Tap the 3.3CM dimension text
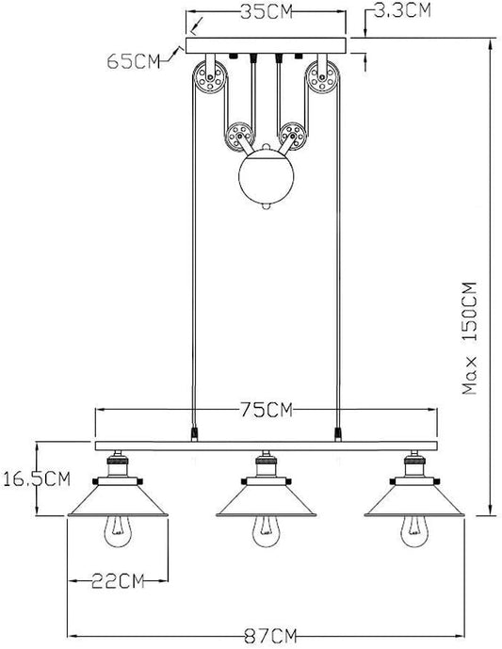[403, 11]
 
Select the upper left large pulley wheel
[209, 79]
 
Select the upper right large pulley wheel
[325, 79]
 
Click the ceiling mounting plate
[267, 46]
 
